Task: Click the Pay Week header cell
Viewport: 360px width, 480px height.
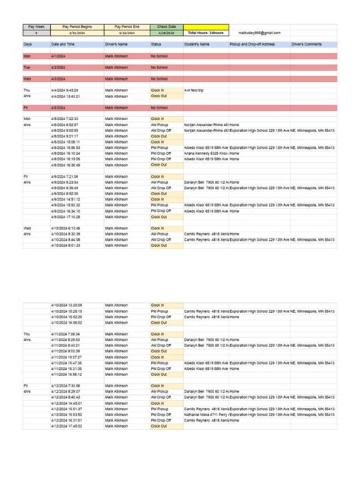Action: (x=36, y=27)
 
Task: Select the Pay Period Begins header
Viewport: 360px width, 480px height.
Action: (x=76, y=27)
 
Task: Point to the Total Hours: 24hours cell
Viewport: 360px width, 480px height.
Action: (x=206, y=33)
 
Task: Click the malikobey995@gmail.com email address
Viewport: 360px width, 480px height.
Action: (x=259, y=33)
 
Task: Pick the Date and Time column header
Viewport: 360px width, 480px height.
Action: (x=66, y=45)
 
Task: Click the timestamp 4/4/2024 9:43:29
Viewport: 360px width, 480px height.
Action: (x=65, y=90)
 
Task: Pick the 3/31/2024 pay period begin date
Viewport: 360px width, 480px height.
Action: (x=76, y=33)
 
